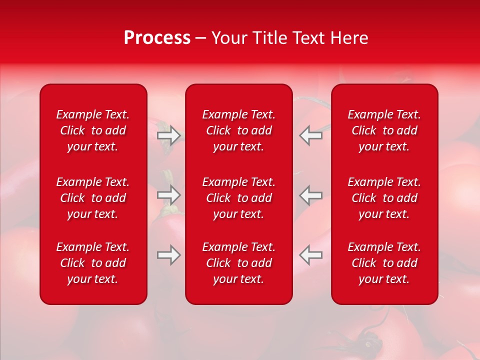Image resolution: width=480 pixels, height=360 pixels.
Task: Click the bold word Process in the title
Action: [x=157, y=38]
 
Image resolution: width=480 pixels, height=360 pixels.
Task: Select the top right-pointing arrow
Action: [x=169, y=135]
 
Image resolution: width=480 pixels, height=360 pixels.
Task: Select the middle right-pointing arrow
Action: [x=169, y=195]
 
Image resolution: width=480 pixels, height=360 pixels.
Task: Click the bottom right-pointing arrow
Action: [x=169, y=255]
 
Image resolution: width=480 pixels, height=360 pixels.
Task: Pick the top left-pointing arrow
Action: [x=310, y=135]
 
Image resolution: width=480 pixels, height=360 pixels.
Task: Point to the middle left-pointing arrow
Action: [x=310, y=195]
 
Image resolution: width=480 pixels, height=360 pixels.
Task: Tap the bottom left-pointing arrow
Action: [x=310, y=255]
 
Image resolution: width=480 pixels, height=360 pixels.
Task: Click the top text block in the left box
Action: [x=93, y=130]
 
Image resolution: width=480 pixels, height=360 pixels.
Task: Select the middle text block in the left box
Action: [x=93, y=198]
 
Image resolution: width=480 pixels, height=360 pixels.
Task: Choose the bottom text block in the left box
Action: [x=93, y=263]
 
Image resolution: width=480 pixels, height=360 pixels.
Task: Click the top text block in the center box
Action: [x=239, y=130]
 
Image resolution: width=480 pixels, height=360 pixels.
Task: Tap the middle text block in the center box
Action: [x=239, y=198]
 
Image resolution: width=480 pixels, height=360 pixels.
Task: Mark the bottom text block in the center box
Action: [x=239, y=263]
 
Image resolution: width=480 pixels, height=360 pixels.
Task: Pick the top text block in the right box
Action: [x=384, y=130]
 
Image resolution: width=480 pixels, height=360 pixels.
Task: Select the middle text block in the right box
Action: [x=384, y=198]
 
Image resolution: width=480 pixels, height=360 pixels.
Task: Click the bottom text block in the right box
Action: [x=384, y=263]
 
